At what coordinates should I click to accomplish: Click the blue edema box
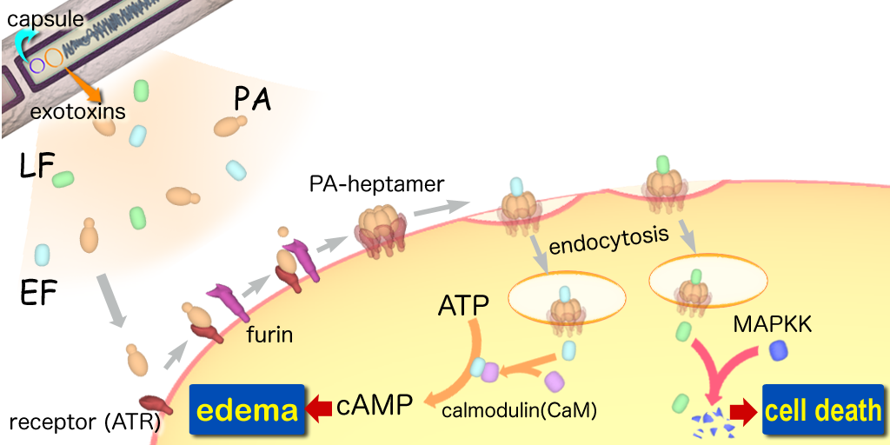click(247, 408)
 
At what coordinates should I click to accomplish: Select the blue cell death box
click(823, 408)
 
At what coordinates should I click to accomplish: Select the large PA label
click(253, 100)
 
